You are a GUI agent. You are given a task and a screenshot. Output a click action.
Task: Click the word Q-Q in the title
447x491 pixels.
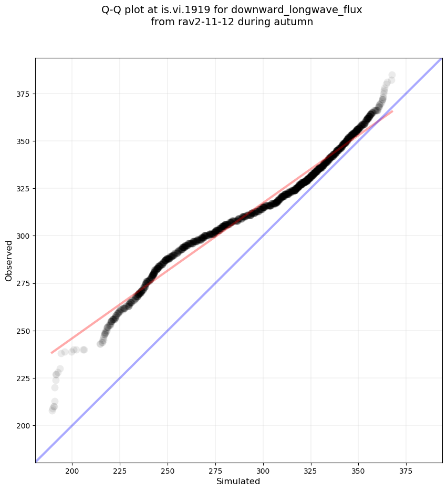coord(112,10)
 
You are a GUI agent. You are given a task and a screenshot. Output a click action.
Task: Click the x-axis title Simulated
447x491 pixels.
coord(238,481)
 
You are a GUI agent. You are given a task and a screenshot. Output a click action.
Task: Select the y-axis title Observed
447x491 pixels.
coord(9,260)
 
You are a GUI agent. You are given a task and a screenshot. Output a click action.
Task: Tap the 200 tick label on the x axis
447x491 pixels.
coord(72,470)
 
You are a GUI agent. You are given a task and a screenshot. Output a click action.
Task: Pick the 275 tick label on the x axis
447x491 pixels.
coord(215,470)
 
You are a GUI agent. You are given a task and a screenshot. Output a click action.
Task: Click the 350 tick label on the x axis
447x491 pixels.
coord(359,470)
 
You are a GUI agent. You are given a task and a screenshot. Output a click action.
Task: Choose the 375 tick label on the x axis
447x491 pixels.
coord(407,470)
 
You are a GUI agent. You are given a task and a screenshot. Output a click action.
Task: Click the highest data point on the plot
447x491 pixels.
coord(392,75)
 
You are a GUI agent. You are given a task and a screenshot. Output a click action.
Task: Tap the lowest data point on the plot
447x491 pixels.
coord(52,410)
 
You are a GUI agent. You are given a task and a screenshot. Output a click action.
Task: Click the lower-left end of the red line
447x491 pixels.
coord(51,353)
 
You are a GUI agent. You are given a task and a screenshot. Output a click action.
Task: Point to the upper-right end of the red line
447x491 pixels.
coord(392,111)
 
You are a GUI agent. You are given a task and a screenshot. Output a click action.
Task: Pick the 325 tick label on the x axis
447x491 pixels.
coord(311,470)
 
